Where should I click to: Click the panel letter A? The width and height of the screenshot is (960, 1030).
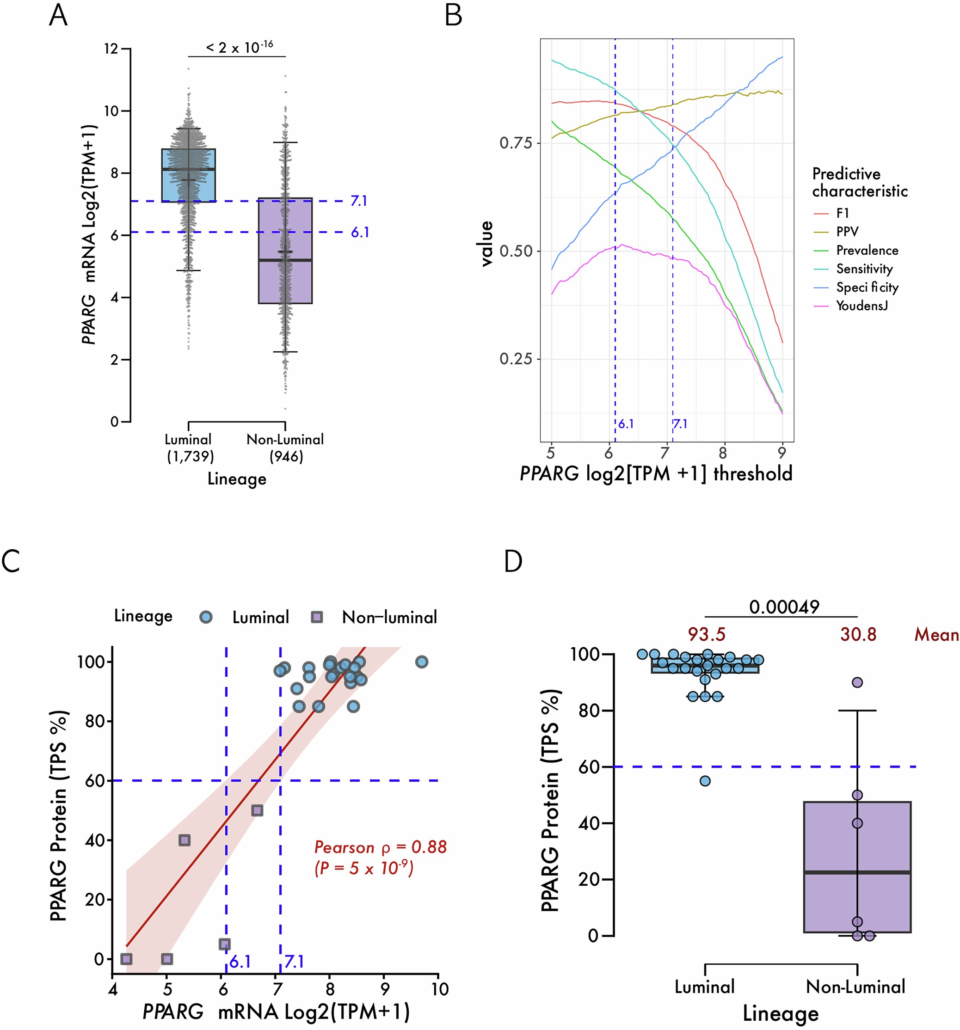58,16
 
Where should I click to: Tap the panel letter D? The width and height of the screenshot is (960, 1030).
513,561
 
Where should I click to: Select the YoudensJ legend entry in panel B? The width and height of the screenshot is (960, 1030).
862,306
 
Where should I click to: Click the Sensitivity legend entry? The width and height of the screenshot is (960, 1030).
864,269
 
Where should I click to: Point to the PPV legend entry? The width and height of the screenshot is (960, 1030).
847,232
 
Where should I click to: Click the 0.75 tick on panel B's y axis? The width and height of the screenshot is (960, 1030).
515,143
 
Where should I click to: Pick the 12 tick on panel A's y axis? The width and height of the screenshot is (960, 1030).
111,49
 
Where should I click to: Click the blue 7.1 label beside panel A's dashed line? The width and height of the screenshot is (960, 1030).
359,201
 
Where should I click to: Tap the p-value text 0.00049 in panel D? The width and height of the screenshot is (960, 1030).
784,607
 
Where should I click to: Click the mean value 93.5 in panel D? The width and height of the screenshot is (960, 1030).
707,634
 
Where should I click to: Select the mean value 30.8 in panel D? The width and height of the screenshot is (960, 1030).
858,634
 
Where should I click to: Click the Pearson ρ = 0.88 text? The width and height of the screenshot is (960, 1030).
380,847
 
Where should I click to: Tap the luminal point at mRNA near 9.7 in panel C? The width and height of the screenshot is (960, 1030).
421,662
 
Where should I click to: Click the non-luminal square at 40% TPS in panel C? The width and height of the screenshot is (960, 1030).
185,840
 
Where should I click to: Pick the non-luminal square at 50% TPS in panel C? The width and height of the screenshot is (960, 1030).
257,810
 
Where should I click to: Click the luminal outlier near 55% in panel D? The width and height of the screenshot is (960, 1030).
705,781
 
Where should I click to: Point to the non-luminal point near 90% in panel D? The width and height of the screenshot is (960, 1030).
857,682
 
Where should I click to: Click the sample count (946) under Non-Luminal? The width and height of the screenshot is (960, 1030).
286,457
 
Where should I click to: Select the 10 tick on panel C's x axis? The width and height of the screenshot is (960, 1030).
440,988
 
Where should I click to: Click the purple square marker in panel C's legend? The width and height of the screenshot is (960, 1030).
317,617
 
